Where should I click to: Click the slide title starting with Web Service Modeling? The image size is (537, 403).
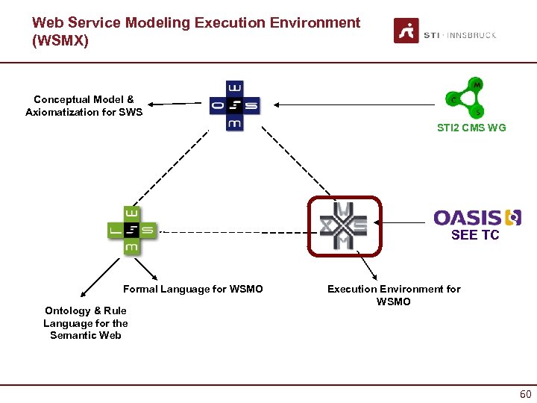[196, 23]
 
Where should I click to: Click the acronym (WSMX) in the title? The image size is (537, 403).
[60, 41]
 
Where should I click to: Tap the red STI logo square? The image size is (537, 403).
[406, 31]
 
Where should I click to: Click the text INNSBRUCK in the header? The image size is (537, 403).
[471, 35]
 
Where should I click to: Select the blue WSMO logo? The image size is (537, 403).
[234, 105]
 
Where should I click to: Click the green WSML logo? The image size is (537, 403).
[131, 231]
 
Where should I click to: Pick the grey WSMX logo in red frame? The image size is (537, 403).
[344, 225]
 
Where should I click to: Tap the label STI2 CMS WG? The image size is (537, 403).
[471, 128]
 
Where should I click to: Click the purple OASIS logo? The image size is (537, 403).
[477, 217]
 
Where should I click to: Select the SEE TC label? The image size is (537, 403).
[474, 236]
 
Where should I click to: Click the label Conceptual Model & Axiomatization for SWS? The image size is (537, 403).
[84, 106]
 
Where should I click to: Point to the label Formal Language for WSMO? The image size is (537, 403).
[192, 289]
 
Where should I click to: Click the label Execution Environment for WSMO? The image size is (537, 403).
[394, 295]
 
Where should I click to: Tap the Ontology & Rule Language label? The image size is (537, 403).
[85, 322]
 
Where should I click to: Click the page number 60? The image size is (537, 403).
[525, 394]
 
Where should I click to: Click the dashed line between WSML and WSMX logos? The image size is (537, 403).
[231, 231]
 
